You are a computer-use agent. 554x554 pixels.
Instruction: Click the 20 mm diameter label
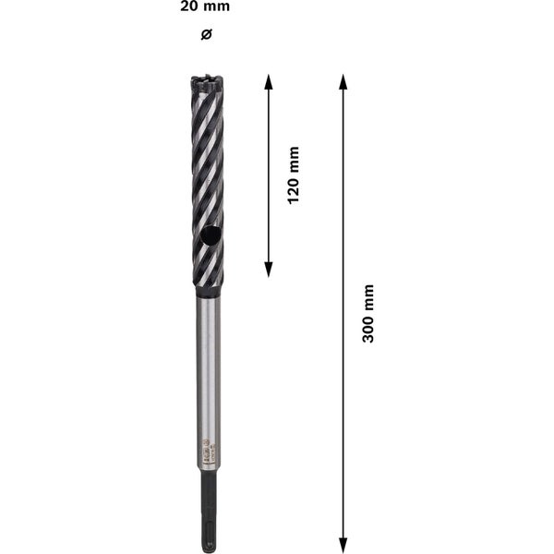pyautogui.click(x=206, y=7)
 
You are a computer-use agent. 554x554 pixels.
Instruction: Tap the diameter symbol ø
pyautogui.click(x=206, y=34)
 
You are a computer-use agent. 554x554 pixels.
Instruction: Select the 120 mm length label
pyautogui.click(x=295, y=175)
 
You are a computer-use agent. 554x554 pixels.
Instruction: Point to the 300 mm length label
pyautogui.click(x=368, y=314)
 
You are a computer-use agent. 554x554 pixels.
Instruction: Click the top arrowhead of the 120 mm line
pyautogui.click(x=269, y=82)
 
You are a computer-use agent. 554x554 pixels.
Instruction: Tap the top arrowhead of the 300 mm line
pyautogui.click(x=343, y=82)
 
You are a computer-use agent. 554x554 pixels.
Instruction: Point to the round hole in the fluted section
pyautogui.click(x=211, y=237)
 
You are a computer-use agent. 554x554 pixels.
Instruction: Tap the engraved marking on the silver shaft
pyautogui.click(x=207, y=447)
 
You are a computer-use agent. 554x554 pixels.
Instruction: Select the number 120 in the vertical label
pyautogui.click(x=295, y=188)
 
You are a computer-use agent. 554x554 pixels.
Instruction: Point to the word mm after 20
pyautogui.click(x=217, y=7)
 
